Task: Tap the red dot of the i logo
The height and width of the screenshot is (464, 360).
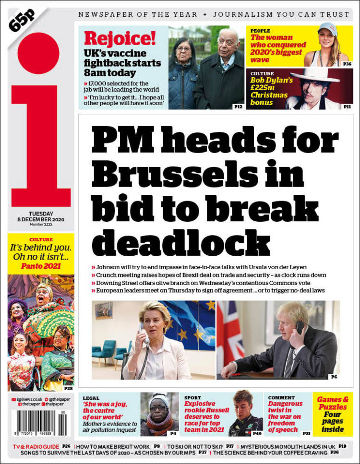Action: [38, 53]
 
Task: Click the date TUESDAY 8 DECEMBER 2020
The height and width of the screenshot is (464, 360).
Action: [40, 216]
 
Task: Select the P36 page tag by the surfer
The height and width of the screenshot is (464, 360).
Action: [347, 63]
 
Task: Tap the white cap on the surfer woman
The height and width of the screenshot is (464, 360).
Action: [328, 29]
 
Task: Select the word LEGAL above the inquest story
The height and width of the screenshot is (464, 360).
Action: [91, 398]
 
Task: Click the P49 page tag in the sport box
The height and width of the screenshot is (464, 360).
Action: [257, 433]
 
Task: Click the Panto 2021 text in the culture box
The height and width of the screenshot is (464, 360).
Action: [41, 266]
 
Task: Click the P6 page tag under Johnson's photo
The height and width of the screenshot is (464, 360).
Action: [334, 377]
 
